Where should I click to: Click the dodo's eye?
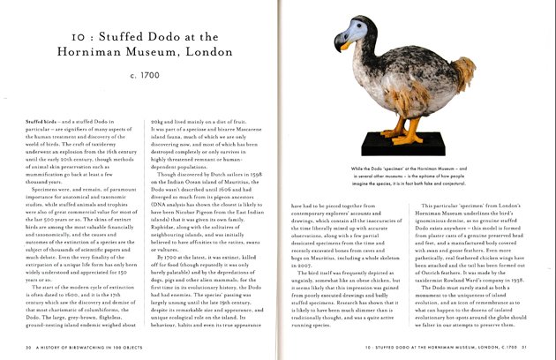[357, 34]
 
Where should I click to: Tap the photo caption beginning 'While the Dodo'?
[414, 175]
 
